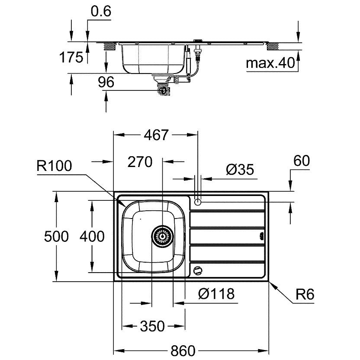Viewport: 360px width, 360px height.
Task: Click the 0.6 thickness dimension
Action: pyautogui.click(x=101, y=12)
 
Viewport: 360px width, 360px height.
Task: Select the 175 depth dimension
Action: pyautogui.click(x=71, y=57)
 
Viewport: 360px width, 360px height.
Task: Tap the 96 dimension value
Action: pyautogui.click(x=106, y=82)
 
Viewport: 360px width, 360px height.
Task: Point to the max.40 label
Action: pyautogui.click(x=270, y=63)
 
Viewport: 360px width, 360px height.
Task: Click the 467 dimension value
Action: pyautogui.click(x=156, y=135)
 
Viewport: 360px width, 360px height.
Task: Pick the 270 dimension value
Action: pyautogui.click(x=140, y=162)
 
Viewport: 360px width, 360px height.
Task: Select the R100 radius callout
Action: pyautogui.click(x=54, y=166)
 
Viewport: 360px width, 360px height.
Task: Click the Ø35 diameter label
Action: pyautogui.click(x=240, y=170)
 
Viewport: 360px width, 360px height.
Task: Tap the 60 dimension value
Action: pyautogui.click(x=302, y=161)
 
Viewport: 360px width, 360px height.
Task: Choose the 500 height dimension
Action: pyautogui.click(x=56, y=236)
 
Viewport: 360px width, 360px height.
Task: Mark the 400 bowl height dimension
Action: pyautogui.click(x=92, y=236)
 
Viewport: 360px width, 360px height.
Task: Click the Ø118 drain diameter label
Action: pyautogui.click(x=216, y=293)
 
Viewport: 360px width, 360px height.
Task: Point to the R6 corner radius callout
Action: pyautogui.click(x=305, y=294)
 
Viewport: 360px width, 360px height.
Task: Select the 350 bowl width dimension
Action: pyautogui.click(x=152, y=326)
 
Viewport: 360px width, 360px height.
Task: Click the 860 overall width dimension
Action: pyautogui.click(x=183, y=350)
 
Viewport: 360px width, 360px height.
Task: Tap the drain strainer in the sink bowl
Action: pyautogui.click(x=163, y=237)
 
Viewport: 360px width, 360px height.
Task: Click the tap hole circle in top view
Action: pyautogui.click(x=198, y=202)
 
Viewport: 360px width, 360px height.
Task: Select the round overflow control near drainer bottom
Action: pyautogui.click(x=198, y=270)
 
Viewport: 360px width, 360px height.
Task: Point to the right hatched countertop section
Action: pyautogui.click(x=273, y=47)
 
